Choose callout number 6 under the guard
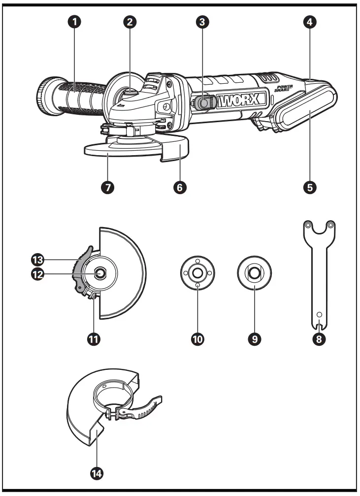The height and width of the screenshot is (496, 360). (x=180, y=187)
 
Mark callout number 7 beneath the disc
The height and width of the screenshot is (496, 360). (x=108, y=187)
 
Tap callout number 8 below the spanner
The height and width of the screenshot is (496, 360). (x=319, y=339)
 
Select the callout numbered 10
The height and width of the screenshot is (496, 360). (x=198, y=339)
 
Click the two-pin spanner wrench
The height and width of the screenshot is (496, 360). (x=319, y=266)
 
